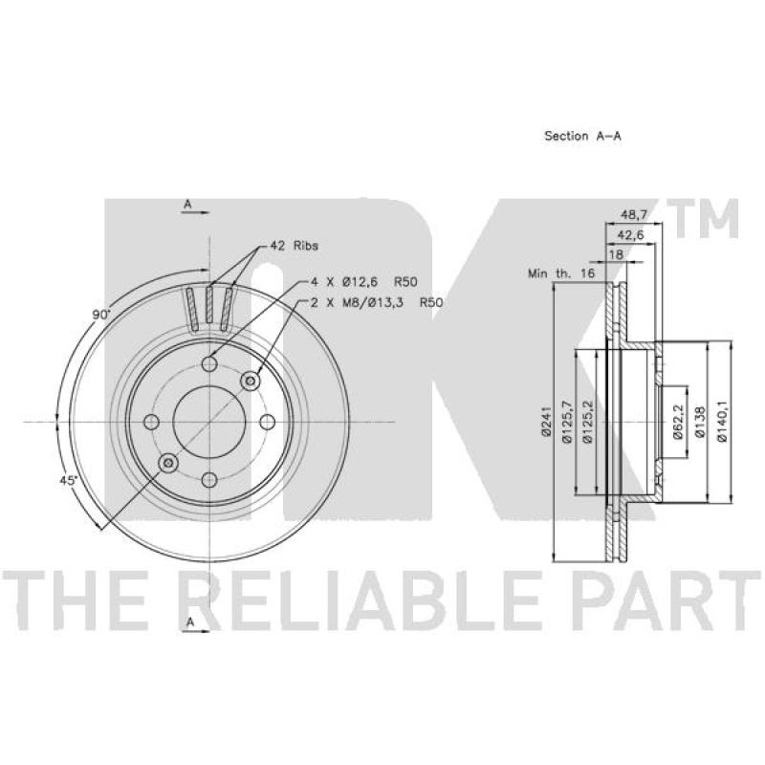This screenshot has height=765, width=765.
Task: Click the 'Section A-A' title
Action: [x=582, y=136]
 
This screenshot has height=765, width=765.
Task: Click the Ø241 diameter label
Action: [x=544, y=422]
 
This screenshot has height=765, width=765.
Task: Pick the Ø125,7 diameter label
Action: [x=566, y=422]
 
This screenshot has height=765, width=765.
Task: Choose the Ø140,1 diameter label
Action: [x=724, y=422]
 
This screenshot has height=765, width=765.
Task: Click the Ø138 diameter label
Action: [x=700, y=422]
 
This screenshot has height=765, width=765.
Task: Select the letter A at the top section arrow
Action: [x=188, y=205]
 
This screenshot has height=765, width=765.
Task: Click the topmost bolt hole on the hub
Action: [x=209, y=363]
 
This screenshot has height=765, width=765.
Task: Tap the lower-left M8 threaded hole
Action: [x=169, y=463]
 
